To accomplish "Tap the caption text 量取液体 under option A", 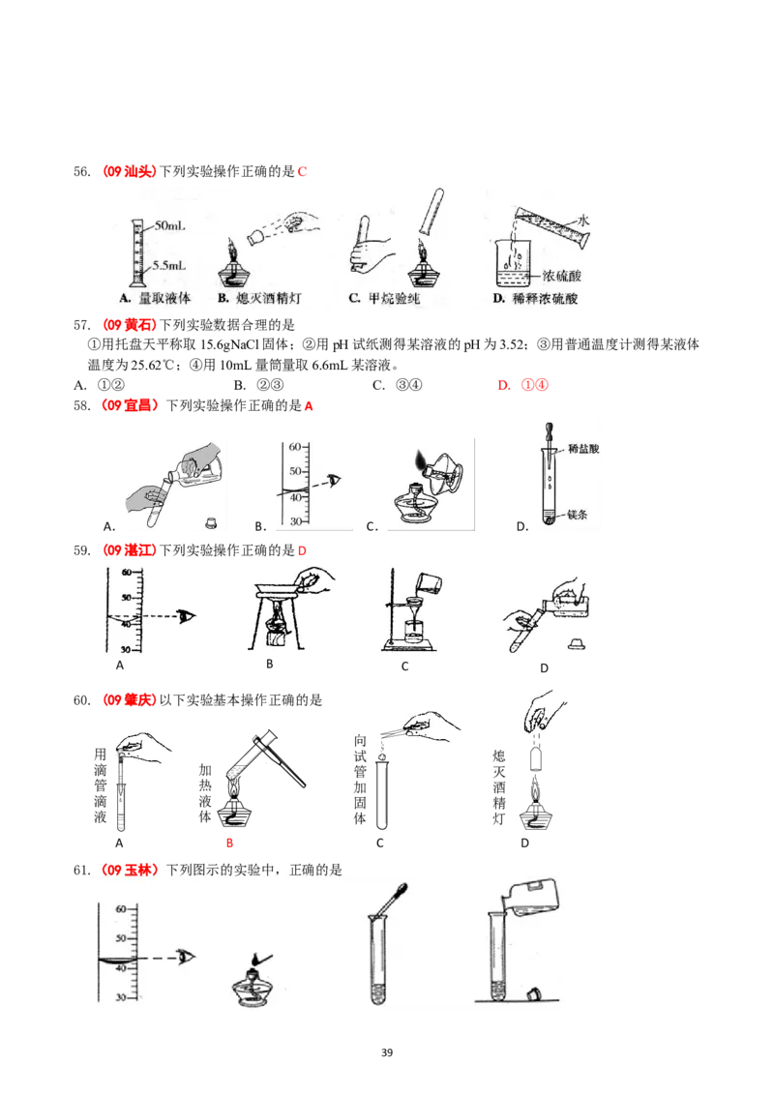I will pos(164,299).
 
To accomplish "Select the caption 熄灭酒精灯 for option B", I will pos(268,299).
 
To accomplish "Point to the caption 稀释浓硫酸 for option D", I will pos(543,299).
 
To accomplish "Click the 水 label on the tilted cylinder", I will pos(583,221).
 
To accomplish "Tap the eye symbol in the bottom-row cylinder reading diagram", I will pos(184,957).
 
